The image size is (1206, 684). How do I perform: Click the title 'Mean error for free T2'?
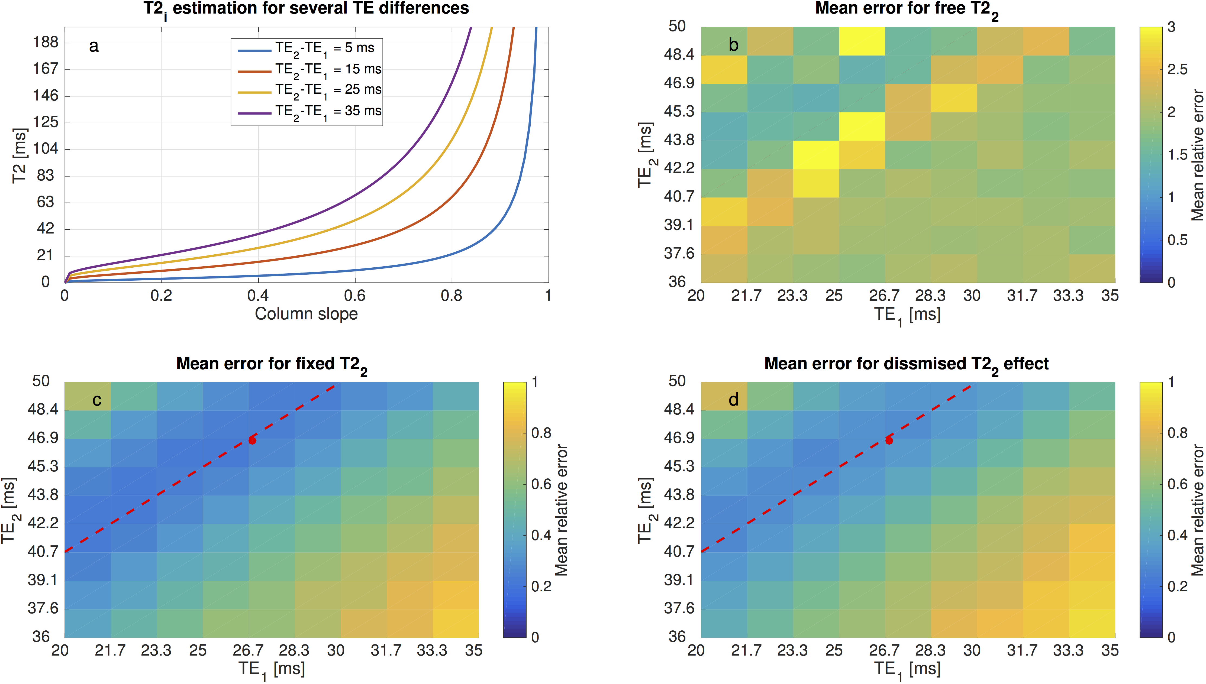pos(906,9)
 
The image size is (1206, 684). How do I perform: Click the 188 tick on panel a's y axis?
pos(46,42)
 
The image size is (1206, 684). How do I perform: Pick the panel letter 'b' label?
pos(733,45)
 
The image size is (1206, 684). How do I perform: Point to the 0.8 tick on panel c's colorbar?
pos(541,433)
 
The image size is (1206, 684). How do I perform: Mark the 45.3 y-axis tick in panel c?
pos(43,466)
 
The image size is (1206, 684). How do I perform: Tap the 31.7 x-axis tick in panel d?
pos(1022,651)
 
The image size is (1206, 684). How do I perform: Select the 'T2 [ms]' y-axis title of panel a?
pos(20,155)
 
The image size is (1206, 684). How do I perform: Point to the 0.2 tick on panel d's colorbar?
pos(1177,586)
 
